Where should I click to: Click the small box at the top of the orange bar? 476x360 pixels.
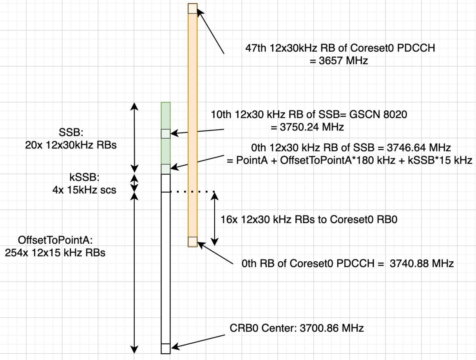(192, 8)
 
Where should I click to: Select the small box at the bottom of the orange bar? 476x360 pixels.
(192, 242)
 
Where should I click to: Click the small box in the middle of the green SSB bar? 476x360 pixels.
(166, 133)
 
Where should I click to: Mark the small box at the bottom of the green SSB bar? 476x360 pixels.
(166, 169)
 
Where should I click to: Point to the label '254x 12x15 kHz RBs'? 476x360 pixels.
(55, 253)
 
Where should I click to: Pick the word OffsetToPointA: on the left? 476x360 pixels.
(54, 239)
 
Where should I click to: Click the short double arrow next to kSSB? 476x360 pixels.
(134, 183)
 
